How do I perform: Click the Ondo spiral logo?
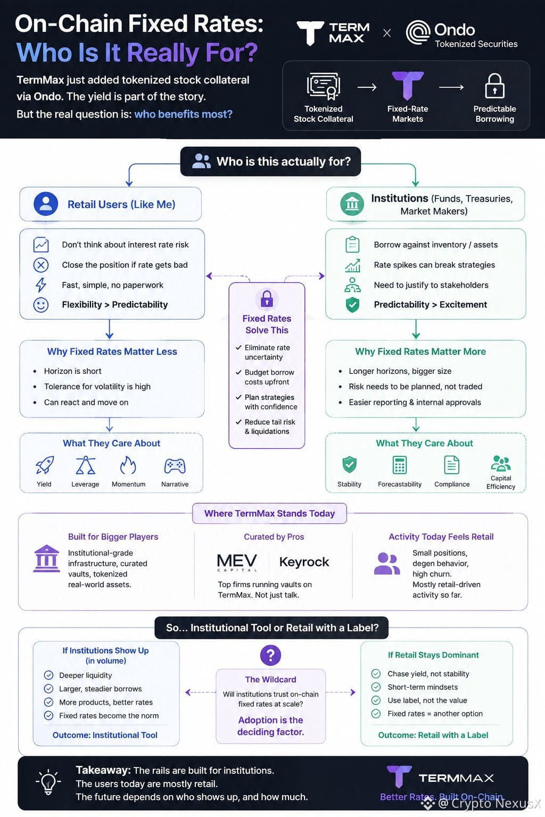418,32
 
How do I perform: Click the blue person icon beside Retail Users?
46,204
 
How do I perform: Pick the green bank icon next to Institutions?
352,204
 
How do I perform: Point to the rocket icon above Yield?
45,465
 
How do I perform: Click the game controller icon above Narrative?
175,466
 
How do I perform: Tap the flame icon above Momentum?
128,465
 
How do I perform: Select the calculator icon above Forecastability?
399,465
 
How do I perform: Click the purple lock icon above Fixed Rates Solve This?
267,298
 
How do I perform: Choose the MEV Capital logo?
237,562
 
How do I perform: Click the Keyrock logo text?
304,562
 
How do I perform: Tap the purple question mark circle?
270,655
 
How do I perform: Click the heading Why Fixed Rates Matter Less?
112,352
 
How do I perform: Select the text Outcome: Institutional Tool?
105,735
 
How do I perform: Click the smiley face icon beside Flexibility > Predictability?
41,305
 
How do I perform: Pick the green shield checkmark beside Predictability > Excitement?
352,305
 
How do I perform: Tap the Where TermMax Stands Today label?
269,513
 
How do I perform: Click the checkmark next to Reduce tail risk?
239,422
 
